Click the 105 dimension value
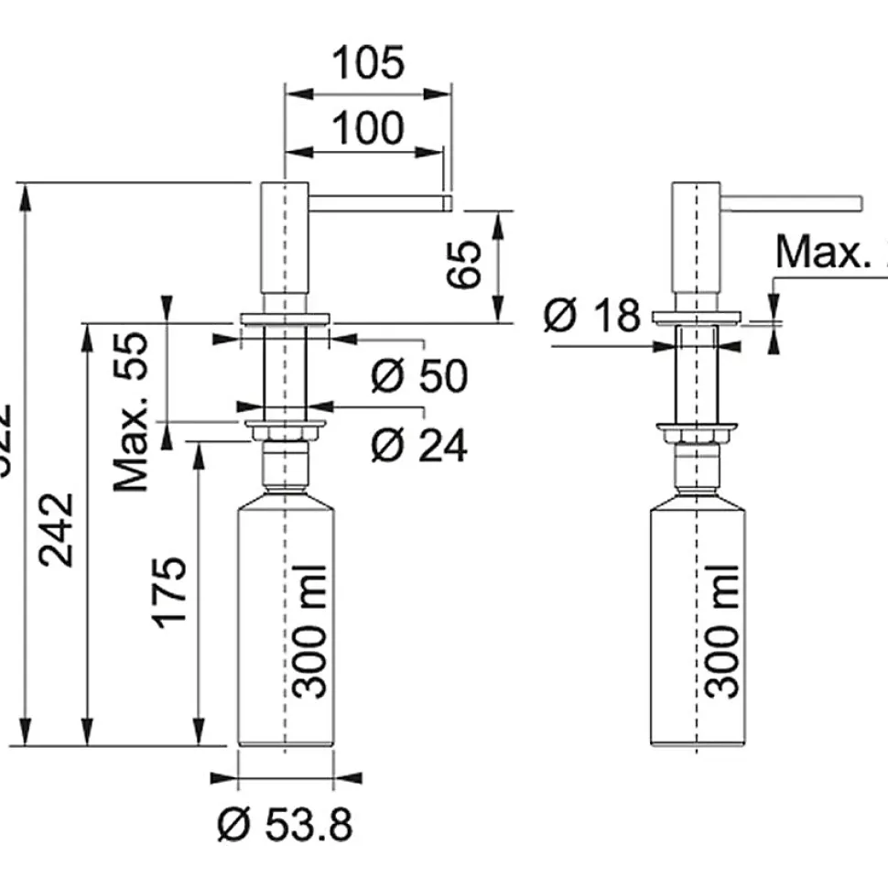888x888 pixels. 368,64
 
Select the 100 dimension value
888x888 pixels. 367,129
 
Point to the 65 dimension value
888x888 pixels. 467,265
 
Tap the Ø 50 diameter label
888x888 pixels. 419,375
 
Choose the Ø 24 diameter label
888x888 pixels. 419,446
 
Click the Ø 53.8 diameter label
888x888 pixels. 285,826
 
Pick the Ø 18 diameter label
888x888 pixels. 592,316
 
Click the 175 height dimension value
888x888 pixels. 171,590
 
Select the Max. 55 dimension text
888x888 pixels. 131,412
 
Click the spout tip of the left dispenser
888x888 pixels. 447,202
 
